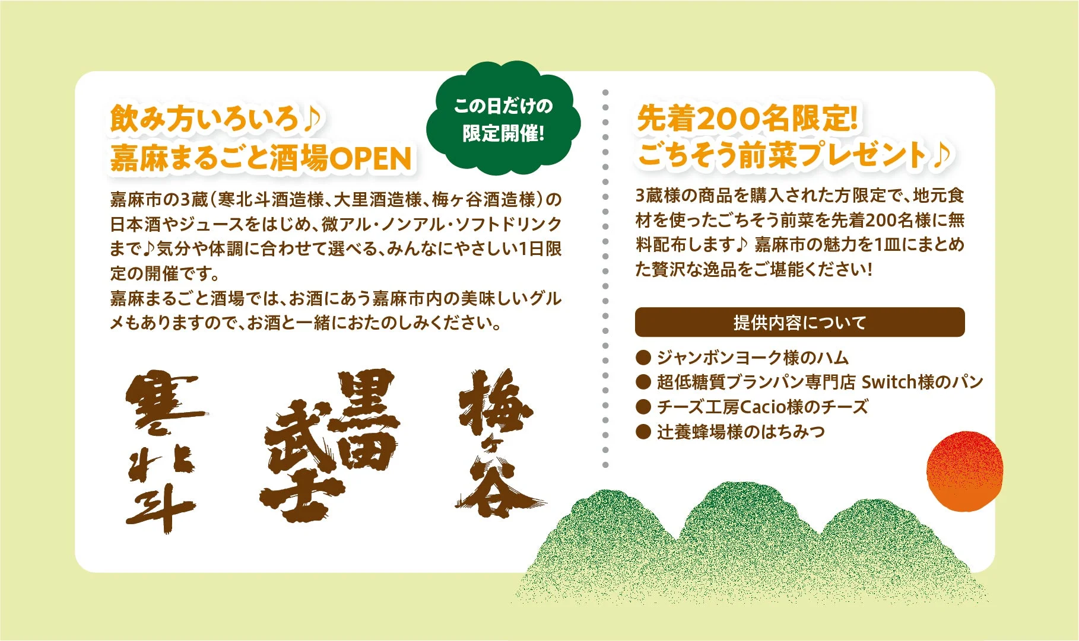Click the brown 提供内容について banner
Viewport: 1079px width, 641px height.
pos(799,323)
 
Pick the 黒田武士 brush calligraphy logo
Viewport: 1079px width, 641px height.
pos(329,445)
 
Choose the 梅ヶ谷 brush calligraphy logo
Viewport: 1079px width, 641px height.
pos(497,442)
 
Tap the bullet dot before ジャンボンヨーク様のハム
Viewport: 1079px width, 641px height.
pos(643,358)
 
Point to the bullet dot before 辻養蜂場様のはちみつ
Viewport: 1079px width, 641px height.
pos(643,432)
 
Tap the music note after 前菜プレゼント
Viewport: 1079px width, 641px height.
pos(942,155)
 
